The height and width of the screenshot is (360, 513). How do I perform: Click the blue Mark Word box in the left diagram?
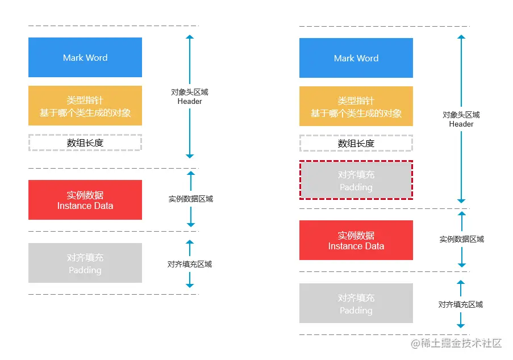pyautogui.click(x=85, y=57)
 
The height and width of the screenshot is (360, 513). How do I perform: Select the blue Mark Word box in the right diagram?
pyautogui.click(x=356, y=58)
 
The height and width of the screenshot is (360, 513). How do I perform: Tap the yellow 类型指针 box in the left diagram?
pyautogui.click(x=85, y=106)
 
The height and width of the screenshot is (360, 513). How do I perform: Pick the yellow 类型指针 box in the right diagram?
pyautogui.click(x=356, y=106)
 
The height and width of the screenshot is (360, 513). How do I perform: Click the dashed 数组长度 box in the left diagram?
pyautogui.click(x=85, y=143)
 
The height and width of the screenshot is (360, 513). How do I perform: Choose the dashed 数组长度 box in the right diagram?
pyautogui.click(x=356, y=143)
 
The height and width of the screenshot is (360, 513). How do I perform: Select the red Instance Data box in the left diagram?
pyautogui.click(x=85, y=200)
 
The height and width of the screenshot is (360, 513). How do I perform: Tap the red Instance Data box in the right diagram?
pyautogui.click(x=356, y=240)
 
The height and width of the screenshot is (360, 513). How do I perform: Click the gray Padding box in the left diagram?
pyautogui.click(x=85, y=263)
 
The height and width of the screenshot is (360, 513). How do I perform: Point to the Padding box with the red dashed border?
pyautogui.click(x=356, y=180)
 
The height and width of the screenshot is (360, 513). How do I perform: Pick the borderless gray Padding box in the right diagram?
pyautogui.click(x=356, y=303)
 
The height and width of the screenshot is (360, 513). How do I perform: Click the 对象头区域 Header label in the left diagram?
pyautogui.click(x=190, y=97)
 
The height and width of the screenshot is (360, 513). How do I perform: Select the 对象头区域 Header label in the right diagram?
pyautogui.click(x=461, y=119)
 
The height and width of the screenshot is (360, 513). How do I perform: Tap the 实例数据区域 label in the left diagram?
pyautogui.click(x=190, y=199)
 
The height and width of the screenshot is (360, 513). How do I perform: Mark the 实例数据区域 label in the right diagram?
pyautogui.click(x=461, y=240)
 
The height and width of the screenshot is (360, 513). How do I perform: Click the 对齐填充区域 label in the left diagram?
pyautogui.click(x=189, y=264)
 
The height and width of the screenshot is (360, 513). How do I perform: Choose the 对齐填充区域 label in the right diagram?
pyautogui.click(x=460, y=304)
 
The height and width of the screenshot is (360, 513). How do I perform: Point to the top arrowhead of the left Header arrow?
pyautogui.click(x=190, y=37)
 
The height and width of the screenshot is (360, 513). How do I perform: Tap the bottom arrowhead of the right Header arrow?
pyautogui.click(x=461, y=200)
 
